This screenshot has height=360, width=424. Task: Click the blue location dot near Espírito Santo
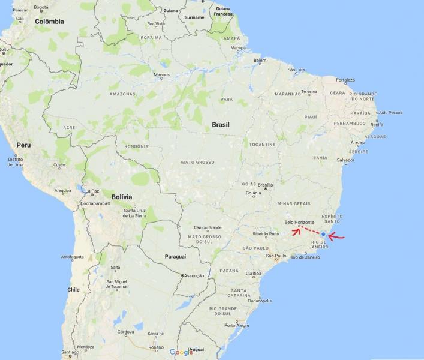coord(323,234)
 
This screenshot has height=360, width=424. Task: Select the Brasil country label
coord(221,125)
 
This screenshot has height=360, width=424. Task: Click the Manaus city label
coord(162,75)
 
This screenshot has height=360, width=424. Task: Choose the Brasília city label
coord(265,185)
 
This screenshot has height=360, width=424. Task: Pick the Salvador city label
coord(345,160)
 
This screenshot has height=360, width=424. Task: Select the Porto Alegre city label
coord(237,325)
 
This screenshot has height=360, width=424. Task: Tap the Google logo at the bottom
coord(181,352)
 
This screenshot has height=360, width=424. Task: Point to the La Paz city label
coord(92,191)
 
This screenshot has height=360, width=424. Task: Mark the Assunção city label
coord(194,275)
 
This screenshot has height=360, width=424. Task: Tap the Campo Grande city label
coord(208,227)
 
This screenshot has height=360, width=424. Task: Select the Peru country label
coord(23,145)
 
